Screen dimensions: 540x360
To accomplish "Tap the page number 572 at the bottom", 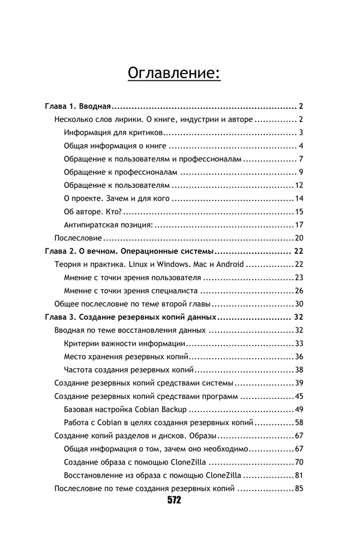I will [174, 500].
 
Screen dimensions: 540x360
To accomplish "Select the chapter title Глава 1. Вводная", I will [78, 106].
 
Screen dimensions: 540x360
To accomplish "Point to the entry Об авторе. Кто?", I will [92, 212].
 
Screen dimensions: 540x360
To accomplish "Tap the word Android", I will [226, 265].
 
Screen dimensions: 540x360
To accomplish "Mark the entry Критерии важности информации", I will [124, 343].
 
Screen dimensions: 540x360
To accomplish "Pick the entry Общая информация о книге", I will [115, 146].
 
